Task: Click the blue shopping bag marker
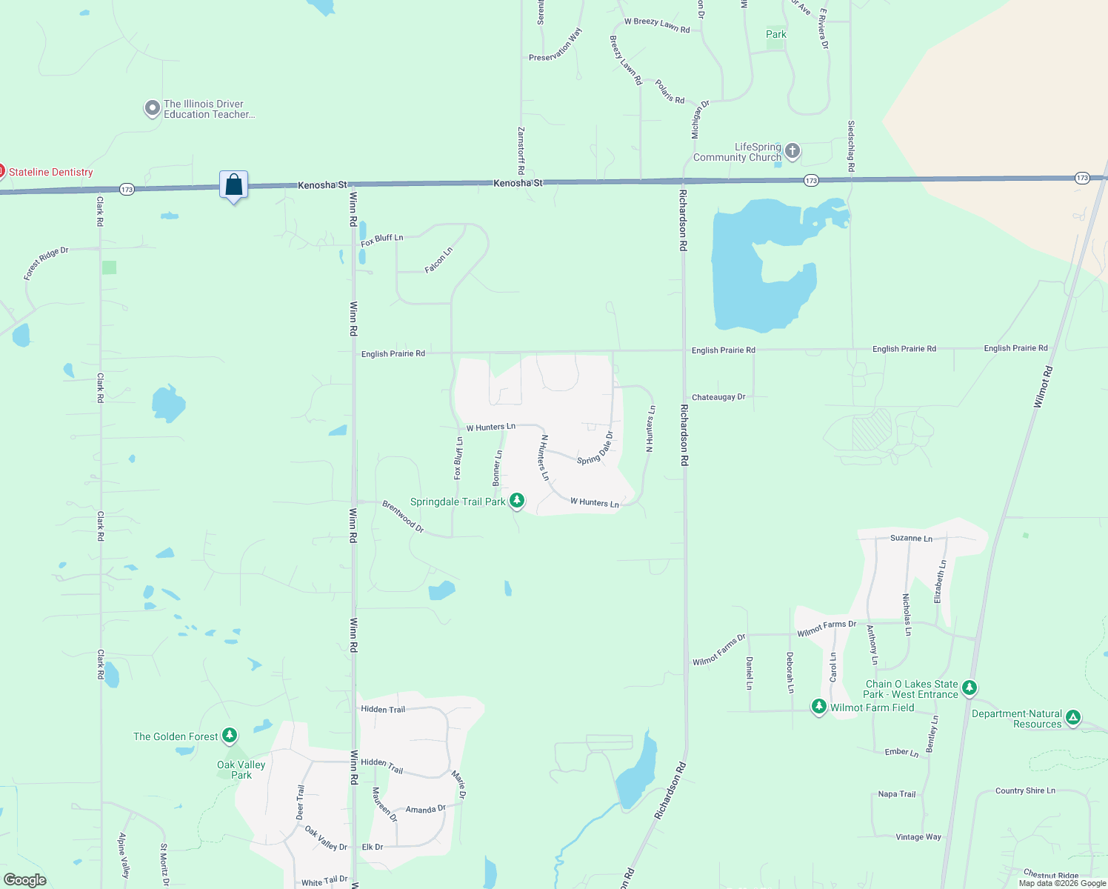point(233,184)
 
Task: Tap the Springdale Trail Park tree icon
point(517,502)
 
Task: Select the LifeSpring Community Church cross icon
point(792,152)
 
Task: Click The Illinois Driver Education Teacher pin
point(152,109)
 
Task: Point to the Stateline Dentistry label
point(50,172)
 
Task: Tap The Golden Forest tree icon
point(230,736)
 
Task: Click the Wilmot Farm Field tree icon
point(818,707)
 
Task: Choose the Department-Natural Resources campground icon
point(1073,717)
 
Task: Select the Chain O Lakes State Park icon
point(969,688)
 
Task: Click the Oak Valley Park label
point(241,770)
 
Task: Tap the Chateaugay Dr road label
point(718,397)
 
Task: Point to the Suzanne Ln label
point(911,538)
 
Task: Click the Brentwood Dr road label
point(403,516)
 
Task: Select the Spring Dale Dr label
point(595,448)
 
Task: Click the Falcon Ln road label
point(438,260)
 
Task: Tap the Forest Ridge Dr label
point(46,263)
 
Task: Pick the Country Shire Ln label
point(1025,790)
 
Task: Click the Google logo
point(24,879)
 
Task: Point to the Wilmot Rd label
point(1042,386)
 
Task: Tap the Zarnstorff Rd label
point(521,150)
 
